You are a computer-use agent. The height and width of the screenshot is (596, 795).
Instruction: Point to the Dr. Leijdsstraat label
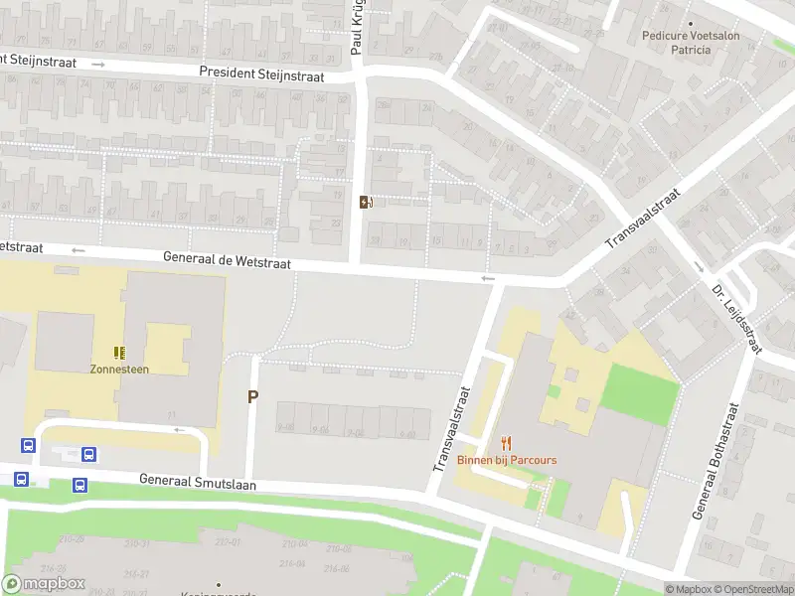[736, 318]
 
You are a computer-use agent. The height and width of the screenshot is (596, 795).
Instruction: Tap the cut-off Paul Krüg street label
[359, 28]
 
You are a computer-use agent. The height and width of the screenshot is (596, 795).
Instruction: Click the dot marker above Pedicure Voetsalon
[691, 23]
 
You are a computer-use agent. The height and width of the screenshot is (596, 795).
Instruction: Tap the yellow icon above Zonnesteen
[119, 352]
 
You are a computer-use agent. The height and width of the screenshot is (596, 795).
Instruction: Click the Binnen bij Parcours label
[507, 460]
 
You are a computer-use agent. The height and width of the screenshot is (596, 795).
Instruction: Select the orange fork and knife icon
[507, 443]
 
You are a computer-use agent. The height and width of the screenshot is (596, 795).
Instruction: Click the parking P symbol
[252, 396]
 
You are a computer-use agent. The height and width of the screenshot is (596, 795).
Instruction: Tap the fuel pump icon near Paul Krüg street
[366, 203]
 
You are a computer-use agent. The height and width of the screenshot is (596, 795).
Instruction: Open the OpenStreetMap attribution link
[755, 589]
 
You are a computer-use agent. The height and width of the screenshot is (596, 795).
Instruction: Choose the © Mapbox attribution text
[690, 589]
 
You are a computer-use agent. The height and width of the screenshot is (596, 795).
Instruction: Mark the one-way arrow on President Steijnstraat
[97, 64]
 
